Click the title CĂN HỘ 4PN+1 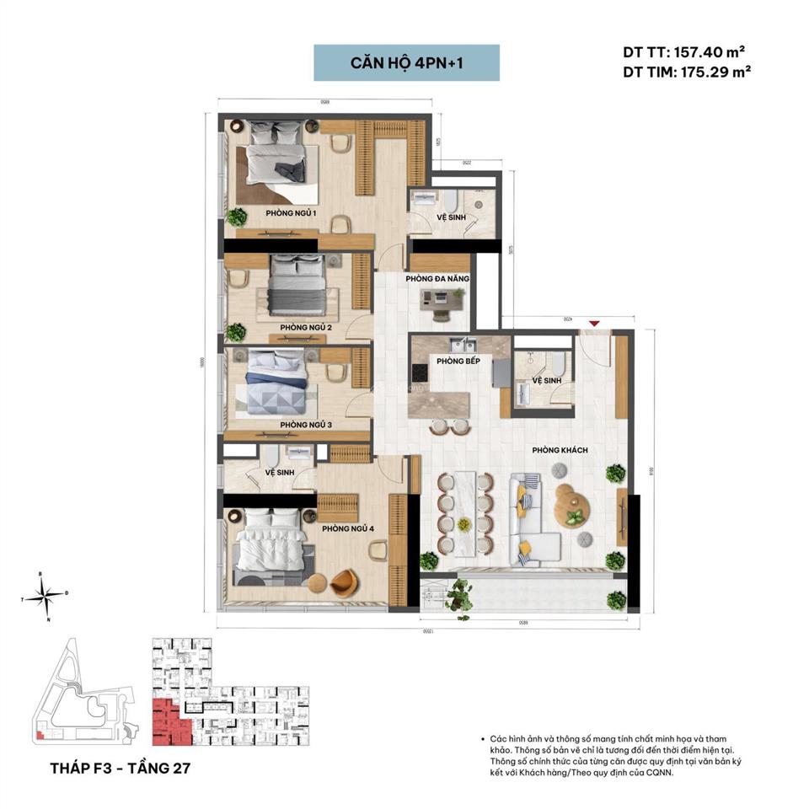point(406,63)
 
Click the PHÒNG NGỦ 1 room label point(291,213)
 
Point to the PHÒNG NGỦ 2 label point(306,327)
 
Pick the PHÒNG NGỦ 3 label point(306,425)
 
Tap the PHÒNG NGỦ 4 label point(348,528)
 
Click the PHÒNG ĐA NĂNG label point(437,278)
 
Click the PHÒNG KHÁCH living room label point(560,451)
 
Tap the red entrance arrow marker point(596,324)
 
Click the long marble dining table point(463,512)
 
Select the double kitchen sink point(463,345)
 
